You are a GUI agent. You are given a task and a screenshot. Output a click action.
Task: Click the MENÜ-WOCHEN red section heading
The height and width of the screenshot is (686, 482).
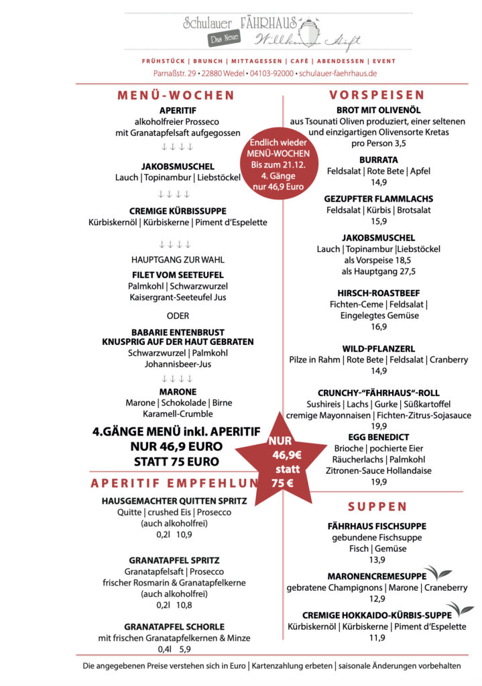tap(176, 95)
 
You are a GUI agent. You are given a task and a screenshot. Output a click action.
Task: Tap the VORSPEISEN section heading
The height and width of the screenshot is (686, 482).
tap(377, 95)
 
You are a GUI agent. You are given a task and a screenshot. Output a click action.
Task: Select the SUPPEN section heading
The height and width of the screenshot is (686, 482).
tap(377, 506)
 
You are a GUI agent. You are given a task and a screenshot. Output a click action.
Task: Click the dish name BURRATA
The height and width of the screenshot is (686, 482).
tap(378, 160)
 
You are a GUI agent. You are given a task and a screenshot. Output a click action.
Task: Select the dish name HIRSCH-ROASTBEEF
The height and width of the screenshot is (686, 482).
tap(378, 293)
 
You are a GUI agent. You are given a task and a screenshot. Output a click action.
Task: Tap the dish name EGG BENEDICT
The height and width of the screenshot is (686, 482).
tap(378, 437)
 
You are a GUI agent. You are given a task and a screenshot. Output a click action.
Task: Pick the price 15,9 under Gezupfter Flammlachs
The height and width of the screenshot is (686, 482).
tap(379, 221)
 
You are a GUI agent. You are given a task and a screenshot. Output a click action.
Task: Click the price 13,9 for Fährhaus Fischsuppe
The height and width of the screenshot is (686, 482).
tap(377, 560)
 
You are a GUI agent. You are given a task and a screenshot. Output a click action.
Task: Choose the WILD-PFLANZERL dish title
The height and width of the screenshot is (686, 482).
tap(378, 348)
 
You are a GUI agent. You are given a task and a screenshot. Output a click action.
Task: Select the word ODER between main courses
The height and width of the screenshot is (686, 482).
tap(178, 316)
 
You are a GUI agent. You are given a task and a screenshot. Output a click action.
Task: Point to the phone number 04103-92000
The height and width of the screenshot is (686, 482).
tap(272, 73)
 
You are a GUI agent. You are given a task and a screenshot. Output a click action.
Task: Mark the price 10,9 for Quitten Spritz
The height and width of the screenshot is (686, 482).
tap(184, 535)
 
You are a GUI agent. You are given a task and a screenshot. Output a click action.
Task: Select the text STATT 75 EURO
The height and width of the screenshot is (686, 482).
tap(176, 461)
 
